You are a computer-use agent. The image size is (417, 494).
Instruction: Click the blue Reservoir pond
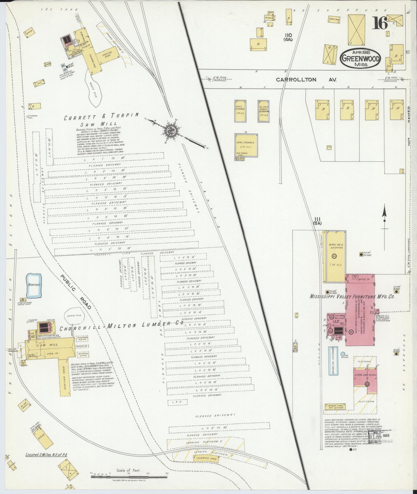tap(34, 285)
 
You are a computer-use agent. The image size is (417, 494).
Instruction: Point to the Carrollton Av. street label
tap(306, 80)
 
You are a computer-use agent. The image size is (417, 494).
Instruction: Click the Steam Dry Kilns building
tap(365, 377)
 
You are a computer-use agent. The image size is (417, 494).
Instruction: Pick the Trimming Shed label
tap(206, 459)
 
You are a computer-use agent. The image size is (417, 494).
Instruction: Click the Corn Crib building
tap(334, 20)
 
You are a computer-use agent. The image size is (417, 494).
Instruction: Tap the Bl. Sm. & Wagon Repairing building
tap(264, 111)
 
